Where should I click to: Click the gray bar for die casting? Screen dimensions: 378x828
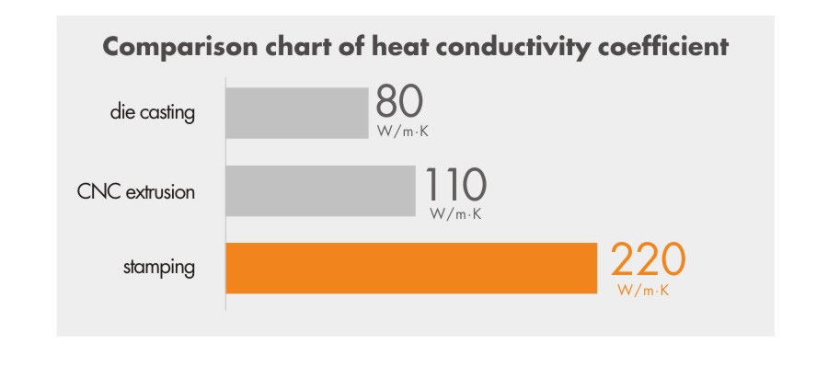tap(296, 113)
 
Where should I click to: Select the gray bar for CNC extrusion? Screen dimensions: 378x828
tap(320, 191)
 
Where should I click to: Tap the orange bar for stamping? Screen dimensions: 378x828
tap(412, 268)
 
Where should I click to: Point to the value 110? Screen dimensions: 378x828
tap(455, 186)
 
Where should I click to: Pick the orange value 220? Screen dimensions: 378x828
tap(648, 262)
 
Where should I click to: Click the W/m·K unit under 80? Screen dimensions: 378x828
tap(403, 132)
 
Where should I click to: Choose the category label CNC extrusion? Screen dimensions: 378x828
tap(137, 191)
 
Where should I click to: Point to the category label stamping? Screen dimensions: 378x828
tap(159, 269)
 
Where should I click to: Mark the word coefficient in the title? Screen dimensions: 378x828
tap(664, 47)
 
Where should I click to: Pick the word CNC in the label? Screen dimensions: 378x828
tap(97, 191)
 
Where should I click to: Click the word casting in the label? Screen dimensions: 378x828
tap(173, 113)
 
